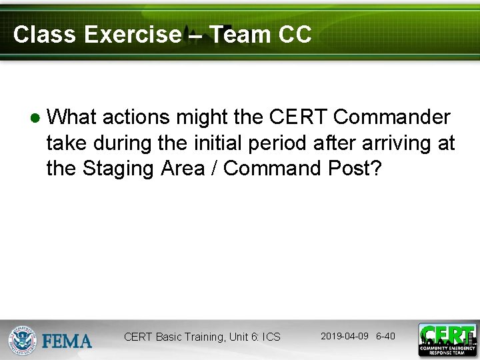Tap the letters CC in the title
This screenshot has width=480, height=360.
(x=295, y=35)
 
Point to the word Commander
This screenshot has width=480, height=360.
(x=392, y=117)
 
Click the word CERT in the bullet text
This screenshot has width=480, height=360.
(x=299, y=117)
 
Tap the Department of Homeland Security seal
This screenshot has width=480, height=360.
(x=23, y=340)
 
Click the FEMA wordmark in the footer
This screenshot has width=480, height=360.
(x=67, y=341)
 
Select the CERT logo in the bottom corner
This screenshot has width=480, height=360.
(x=447, y=339)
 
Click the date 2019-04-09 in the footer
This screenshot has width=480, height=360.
(x=344, y=336)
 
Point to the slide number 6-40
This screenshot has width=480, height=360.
(x=385, y=336)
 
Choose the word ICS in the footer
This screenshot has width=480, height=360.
(x=270, y=337)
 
